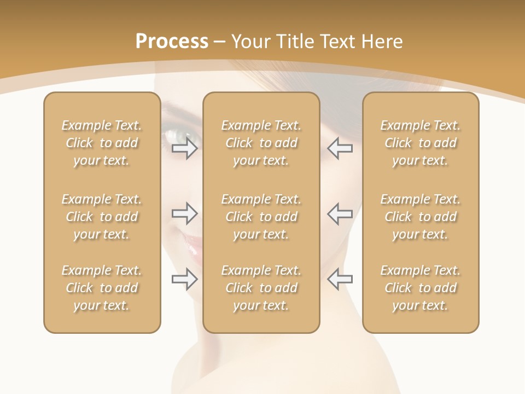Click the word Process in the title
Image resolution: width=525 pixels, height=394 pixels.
pos(172,42)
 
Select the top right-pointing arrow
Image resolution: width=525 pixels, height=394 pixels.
pos(185,148)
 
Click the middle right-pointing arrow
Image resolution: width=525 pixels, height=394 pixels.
pos(185,213)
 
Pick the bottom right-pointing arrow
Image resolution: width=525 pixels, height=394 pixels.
pos(185,279)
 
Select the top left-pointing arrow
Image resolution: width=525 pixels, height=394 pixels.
pos(340,148)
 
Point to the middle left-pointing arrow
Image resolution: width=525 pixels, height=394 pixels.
pos(340,213)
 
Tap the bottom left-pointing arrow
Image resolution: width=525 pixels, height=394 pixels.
pos(340,279)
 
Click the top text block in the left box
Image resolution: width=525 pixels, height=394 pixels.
pos(102,143)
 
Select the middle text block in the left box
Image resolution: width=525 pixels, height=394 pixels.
pos(102,217)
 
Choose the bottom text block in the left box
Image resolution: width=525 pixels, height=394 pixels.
pos(102,288)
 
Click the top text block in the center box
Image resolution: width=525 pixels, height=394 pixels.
pos(261,143)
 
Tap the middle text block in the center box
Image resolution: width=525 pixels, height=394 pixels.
pos(261,217)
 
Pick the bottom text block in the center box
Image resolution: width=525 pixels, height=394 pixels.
pos(261,288)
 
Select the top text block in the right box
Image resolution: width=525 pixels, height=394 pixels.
pos(421,143)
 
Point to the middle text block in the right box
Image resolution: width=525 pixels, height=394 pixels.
pos(421,217)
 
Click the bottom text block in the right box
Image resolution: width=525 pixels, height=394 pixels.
pos(421,288)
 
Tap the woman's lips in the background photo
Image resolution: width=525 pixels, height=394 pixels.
pos(192,244)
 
